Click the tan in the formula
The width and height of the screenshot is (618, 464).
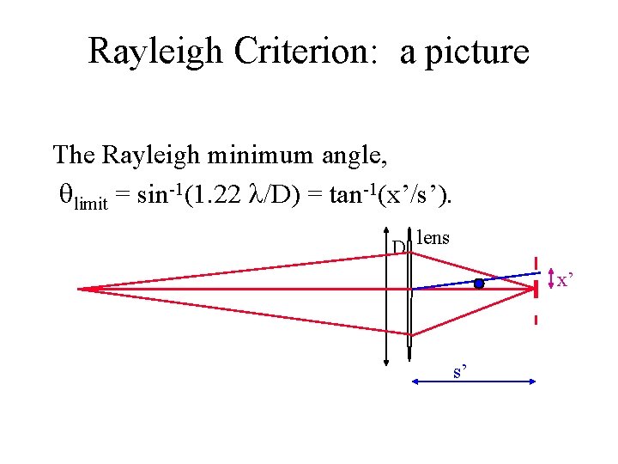[x=357, y=196]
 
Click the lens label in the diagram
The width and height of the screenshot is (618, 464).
[x=433, y=238]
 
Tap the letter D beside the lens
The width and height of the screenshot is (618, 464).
[x=398, y=248]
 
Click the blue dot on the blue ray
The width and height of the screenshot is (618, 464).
[x=479, y=283]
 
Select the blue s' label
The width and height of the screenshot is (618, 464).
[x=460, y=371]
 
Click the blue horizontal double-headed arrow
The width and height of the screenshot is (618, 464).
[x=474, y=382]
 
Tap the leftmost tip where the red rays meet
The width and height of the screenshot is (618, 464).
[x=79, y=289]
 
